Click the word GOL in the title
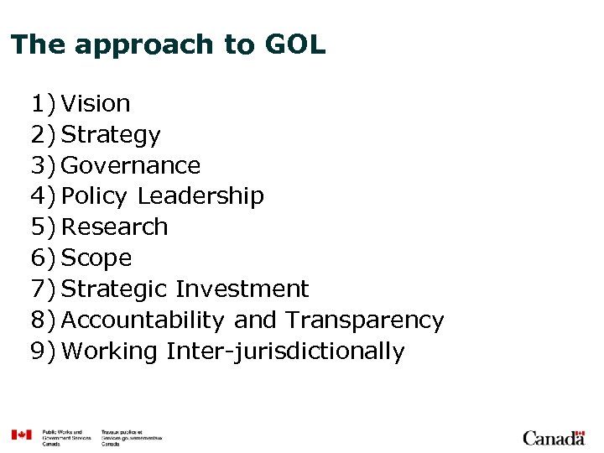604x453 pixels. (x=295, y=44)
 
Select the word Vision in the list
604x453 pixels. (x=96, y=104)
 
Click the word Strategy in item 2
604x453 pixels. (x=112, y=135)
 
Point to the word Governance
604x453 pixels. (x=132, y=165)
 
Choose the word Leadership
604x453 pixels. (x=200, y=196)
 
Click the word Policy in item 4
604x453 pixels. (x=95, y=196)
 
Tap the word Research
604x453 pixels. (x=115, y=227)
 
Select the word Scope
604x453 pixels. (x=97, y=258)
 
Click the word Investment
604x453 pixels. (x=242, y=289)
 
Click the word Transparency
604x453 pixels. (x=364, y=320)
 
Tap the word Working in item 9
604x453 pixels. (x=110, y=351)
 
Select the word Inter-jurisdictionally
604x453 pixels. (x=285, y=351)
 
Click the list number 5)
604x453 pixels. (x=44, y=227)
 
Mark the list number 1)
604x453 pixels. (x=44, y=104)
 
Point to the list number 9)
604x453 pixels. (x=44, y=351)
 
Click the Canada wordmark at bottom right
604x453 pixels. (x=554, y=437)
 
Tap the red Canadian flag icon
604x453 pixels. (x=21, y=435)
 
